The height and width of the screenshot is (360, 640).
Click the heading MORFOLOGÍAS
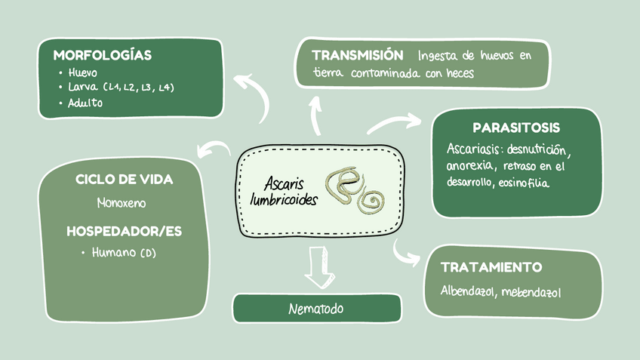pyautogui.click(x=102, y=55)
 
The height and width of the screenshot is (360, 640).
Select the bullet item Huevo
pyautogui.click(x=83, y=73)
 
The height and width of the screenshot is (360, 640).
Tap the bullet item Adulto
pyautogui.click(x=85, y=103)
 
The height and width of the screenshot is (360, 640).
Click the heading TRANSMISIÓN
pyautogui.click(x=357, y=55)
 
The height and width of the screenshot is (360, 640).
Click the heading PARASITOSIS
pyautogui.click(x=516, y=128)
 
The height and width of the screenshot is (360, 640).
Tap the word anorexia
pyautogui.click(x=470, y=165)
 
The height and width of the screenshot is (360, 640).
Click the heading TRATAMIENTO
pyautogui.click(x=491, y=267)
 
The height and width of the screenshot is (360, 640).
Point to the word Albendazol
pyautogui.click(x=467, y=291)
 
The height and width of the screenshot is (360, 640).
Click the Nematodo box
pyautogui.click(x=316, y=309)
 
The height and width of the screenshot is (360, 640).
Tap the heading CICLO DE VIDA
pyautogui.click(x=124, y=179)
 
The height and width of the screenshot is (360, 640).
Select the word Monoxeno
pyautogui.click(x=122, y=203)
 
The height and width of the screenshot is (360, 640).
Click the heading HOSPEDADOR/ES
pyautogui.click(x=124, y=230)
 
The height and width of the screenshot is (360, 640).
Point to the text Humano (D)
pyautogui.click(x=124, y=253)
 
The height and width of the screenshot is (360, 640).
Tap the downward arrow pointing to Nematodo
pyautogui.click(x=318, y=267)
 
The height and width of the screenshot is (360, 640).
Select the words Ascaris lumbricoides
pyautogui.click(x=284, y=191)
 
